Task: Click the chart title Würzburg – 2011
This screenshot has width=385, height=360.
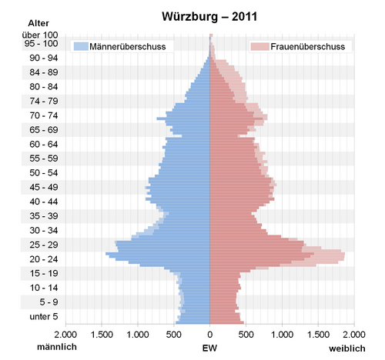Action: pyautogui.click(x=209, y=17)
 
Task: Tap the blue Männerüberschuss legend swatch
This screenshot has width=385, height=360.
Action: pyautogui.click(x=81, y=46)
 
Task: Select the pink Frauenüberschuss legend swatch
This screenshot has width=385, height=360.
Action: pyautogui.click(x=259, y=46)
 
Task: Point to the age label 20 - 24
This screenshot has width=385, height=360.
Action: pyautogui.click(x=44, y=259)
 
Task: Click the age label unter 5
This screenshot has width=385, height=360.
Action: pyautogui.click(x=44, y=317)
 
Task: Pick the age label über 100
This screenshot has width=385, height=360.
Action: pyautogui.click(x=40, y=35)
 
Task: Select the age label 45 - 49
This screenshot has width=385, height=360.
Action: pyautogui.click(x=44, y=187)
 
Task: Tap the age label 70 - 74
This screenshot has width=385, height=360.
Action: pyautogui.click(x=44, y=115)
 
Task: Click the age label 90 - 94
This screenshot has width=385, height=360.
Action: pyautogui.click(x=44, y=58)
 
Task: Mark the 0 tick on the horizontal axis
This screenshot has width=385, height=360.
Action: pyautogui.click(x=210, y=335)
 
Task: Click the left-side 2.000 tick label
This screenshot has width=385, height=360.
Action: pyautogui.click(x=65, y=335)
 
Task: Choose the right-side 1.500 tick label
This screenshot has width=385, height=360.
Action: pyautogui.click(x=318, y=335)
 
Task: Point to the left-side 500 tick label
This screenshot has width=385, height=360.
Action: pyautogui.click(x=174, y=335)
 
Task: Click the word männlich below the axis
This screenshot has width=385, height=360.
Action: pyautogui.click(x=57, y=347)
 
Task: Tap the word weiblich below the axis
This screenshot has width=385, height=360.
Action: pyautogui.click(x=347, y=348)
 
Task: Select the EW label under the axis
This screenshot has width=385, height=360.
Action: pyautogui.click(x=209, y=348)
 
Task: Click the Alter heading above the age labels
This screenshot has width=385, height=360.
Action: pyautogui.click(x=38, y=23)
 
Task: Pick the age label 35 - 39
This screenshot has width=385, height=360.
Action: pyautogui.click(x=44, y=216)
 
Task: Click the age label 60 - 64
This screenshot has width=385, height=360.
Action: pyautogui.click(x=44, y=145)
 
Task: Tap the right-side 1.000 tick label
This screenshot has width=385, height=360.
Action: pyautogui.click(x=282, y=335)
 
